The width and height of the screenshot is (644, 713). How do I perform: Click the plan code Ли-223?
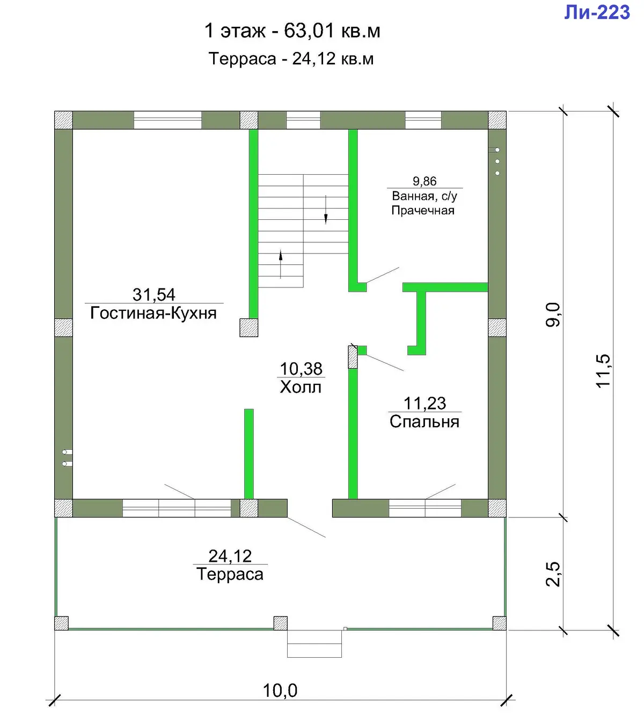[x=597, y=12]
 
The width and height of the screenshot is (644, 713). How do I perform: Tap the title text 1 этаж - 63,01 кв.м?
[x=292, y=31]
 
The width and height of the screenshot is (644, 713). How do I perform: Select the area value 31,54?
[x=153, y=294]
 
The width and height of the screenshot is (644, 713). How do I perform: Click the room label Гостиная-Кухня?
[x=153, y=313]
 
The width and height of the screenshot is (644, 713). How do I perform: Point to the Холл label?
[x=301, y=387]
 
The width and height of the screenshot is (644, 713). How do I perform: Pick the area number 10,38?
[x=301, y=369]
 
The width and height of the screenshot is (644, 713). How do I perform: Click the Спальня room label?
[x=425, y=422]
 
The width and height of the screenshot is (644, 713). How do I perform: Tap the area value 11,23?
[x=425, y=403]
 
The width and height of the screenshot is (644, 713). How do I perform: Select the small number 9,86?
[x=425, y=181]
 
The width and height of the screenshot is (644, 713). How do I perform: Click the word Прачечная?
[x=423, y=211]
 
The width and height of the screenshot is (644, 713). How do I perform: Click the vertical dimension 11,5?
[x=603, y=371]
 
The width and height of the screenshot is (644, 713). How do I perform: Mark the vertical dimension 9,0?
[x=553, y=315]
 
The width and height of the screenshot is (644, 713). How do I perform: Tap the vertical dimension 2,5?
[x=553, y=574]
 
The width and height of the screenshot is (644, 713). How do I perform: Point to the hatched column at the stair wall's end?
[x=248, y=328]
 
